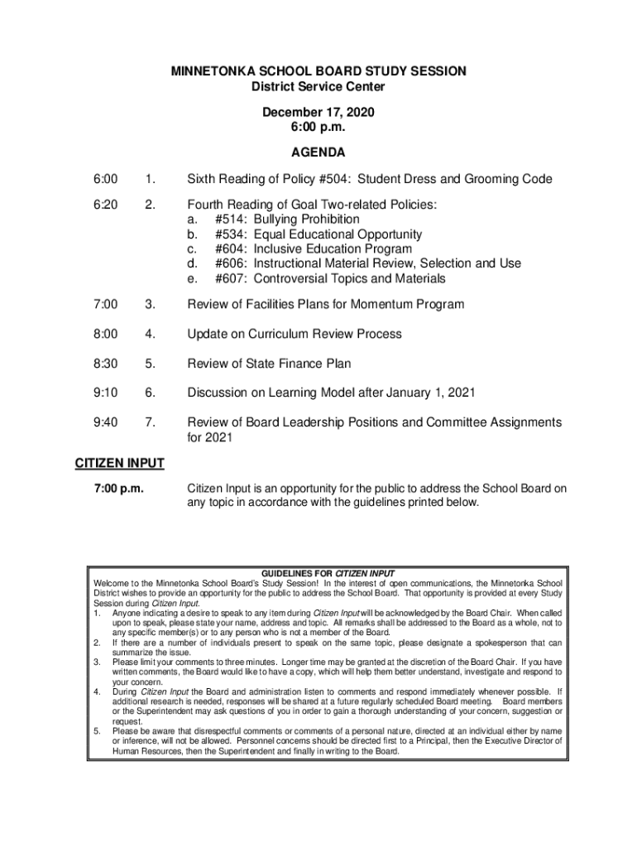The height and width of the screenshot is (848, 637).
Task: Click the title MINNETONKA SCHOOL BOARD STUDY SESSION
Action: tap(318, 72)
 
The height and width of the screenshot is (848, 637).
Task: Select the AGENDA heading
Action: tap(318, 153)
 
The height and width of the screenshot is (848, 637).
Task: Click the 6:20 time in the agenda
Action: tap(105, 205)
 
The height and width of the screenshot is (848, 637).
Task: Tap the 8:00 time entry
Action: tap(105, 334)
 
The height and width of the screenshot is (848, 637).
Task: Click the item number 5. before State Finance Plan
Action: tap(150, 364)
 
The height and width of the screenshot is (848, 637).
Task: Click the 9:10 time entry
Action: tap(105, 393)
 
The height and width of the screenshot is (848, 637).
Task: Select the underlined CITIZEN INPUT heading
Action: tap(120, 463)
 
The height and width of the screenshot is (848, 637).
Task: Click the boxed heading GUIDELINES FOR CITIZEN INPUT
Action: tap(328, 573)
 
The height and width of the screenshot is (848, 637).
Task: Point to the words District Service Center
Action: tap(318, 87)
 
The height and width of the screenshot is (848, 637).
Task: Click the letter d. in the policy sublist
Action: tap(194, 263)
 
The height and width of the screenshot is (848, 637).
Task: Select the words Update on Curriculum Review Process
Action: tap(294, 334)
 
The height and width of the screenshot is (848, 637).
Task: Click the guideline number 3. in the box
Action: tap(98, 662)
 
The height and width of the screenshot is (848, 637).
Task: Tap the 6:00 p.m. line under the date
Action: tap(318, 128)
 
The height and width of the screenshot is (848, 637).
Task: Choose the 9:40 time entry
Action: tap(105, 422)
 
